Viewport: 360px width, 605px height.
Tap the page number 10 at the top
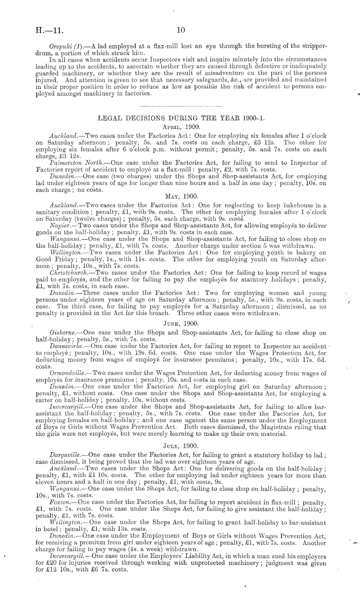coord(181,30)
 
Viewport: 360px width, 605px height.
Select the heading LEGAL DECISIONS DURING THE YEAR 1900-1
coord(181,118)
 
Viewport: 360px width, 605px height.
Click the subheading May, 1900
coord(181,196)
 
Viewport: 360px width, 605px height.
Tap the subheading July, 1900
coord(181,446)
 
